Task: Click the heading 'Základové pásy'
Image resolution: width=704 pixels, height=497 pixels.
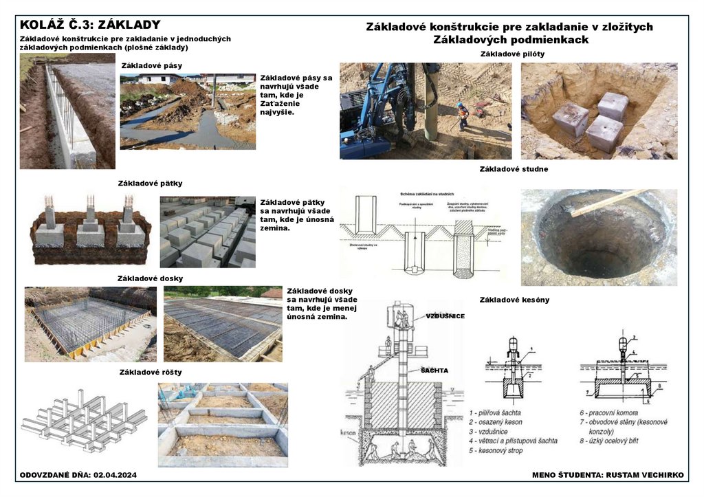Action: (151, 66)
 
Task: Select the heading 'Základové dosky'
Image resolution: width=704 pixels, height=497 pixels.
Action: (151, 278)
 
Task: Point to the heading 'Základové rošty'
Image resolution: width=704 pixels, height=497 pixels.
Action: (151, 372)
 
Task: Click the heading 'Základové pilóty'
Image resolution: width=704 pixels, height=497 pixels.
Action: (514, 54)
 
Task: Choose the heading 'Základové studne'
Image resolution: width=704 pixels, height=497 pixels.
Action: (514, 168)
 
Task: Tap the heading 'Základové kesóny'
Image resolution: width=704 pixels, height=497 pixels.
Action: (514, 300)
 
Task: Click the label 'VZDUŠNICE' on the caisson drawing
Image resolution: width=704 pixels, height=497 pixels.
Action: (445, 316)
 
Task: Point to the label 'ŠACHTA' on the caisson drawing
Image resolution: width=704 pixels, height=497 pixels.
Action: (434, 371)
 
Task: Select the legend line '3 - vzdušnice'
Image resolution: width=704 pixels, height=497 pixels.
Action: (492, 431)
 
